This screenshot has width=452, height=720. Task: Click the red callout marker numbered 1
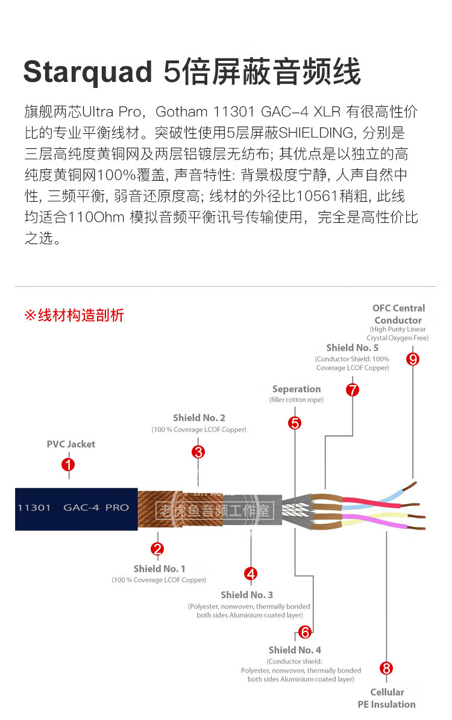click(x=68, y=465)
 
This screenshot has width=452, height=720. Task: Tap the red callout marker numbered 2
click(x=157, y=549)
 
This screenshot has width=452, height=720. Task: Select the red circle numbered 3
click(x=198, y=452)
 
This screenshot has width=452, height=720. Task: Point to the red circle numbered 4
click(x=251, y=574)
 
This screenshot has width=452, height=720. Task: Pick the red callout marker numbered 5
click(x=295, y=423)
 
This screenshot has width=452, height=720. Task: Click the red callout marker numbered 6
click(x=304, y=632)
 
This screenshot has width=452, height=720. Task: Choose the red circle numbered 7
click(x=353, y=390)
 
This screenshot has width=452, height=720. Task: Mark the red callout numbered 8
click(x=386, y=668)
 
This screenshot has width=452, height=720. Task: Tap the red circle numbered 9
click(x=412, y=359)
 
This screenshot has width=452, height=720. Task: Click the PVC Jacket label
click(x=71, y=444)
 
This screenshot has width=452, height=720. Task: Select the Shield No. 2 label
click(x=199, y=418)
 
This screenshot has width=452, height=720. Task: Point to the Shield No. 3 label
click(x=246, y=595)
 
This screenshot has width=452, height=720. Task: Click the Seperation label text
click(x=297, y=389)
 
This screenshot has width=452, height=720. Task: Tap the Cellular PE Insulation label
click(x=387, y=698)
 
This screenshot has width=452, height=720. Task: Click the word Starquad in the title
click(x=88, y=72)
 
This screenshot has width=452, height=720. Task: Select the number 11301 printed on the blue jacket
click(x=34, y=507)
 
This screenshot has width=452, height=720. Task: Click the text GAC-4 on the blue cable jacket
click(x=81, y=507)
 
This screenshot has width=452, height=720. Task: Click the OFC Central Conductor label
click(x=398, y=314)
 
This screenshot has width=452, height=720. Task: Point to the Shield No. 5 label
click(x=353, y=348)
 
